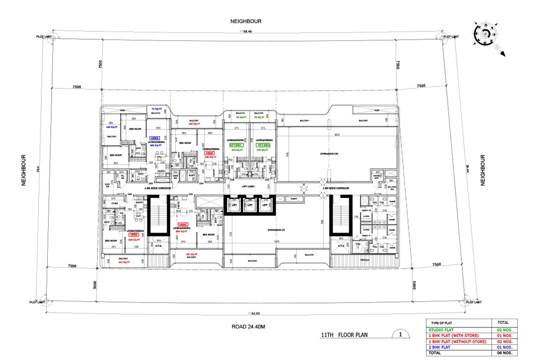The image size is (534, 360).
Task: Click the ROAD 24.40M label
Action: coord(248,327)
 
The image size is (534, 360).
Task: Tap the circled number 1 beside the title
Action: coord(400,334)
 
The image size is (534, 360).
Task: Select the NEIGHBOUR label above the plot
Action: coord(246,21)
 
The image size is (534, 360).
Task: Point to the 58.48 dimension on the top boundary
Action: coord(246,32)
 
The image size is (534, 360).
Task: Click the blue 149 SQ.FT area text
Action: coord(111,127)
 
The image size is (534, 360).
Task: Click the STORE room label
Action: coord(115,204)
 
